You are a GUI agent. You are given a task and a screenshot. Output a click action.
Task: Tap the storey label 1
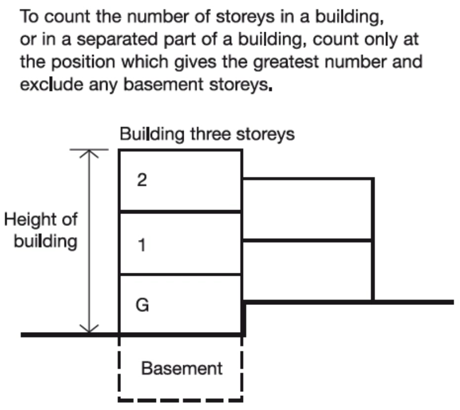pyautogui.click(x=142, y=246)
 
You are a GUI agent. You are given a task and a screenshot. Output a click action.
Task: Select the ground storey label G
pyautogui.click(x=143, y=306)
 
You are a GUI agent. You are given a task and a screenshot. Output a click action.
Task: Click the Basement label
pyautogui.click(x=181, y=369)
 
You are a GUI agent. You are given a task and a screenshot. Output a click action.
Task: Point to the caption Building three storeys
pyautogui.click(x=207, y=136)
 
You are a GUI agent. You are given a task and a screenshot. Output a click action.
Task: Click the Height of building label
pyautogui.click(x=41, y=230)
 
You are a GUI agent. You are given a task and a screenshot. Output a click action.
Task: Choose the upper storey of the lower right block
pyautogui.click(x=307, y=210)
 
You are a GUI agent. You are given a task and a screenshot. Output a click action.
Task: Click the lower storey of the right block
pyautogui.click(x=307, y=271)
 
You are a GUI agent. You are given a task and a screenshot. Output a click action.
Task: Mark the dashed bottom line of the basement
pyautogui.click(x=180, y=401)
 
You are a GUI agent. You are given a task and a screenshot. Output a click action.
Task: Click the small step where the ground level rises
pyautogui.click(x=244, y=318)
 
